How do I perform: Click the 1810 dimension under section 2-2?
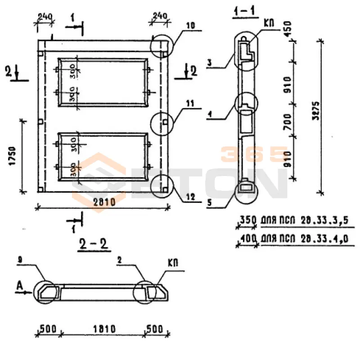click(103, 328)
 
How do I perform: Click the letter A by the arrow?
click(19, 285)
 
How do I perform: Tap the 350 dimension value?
click(247, 221)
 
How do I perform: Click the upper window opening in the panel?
click(103, 82)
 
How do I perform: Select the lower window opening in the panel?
click(103, 157)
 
